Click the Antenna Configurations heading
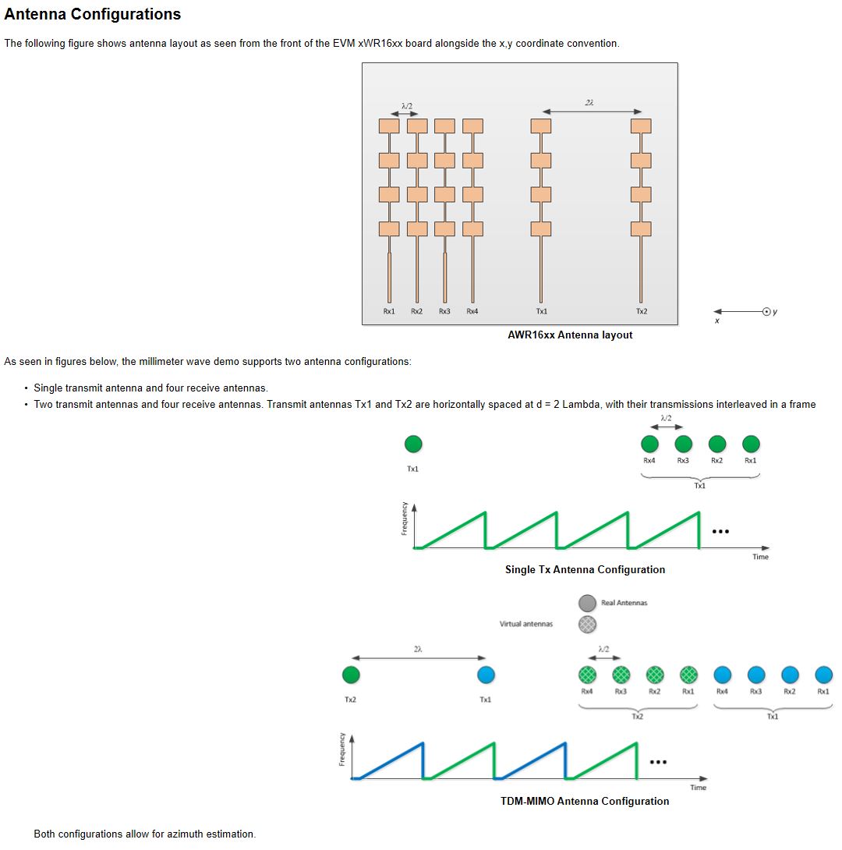tap(93, 14)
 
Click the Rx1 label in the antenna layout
tap(389, 311)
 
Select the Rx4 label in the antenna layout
tap(472, 311)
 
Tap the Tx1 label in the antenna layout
tap(541, 311)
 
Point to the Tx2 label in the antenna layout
tap(641, 311)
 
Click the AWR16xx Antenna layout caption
tap(570, 335)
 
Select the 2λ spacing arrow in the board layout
tap(590, 111)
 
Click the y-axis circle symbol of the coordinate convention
tap(767, 311)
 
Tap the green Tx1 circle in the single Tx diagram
tap(413, 444)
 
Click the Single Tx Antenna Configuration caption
tap(585, 569)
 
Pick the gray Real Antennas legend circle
tap(587, 603)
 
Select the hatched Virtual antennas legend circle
tap(587, 624)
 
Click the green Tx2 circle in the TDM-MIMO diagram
tap(351, 675)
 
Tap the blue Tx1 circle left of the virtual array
tap(486, 675)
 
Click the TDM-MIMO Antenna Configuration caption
tap(585, 801)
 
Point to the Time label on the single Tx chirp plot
tap(760, 557)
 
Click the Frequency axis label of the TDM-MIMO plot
tap(341, 749)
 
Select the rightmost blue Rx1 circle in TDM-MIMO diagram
tap(823, 675)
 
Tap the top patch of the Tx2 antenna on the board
tap(641, 126)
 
